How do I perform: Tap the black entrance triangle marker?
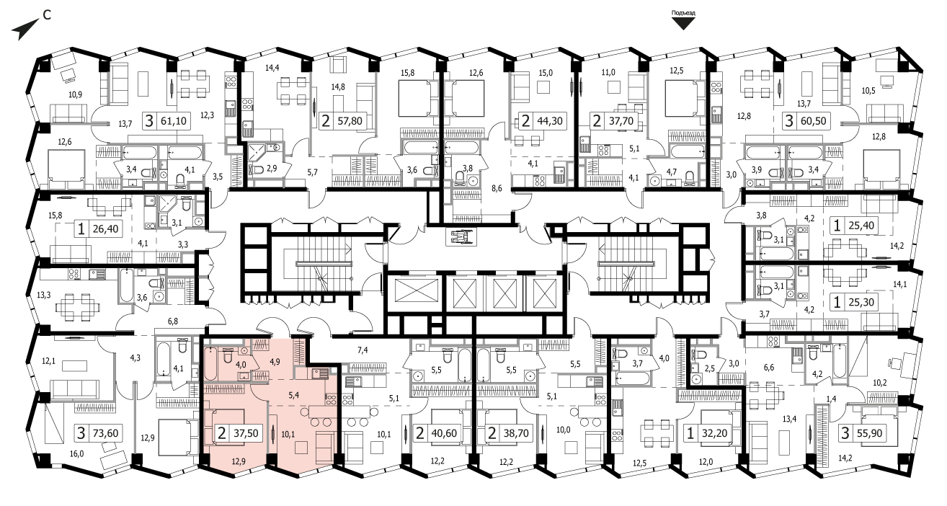(683, 24)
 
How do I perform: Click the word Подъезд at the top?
(683, 13)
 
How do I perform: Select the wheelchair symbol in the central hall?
(461, 236)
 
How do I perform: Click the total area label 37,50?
(246, 433)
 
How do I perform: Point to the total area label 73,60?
(106, 433)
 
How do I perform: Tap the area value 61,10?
(174, 121)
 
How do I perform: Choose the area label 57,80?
(350, 121)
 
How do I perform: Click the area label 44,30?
(550, 121)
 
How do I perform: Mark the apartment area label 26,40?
(106, 229)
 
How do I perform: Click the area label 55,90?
(870, 433)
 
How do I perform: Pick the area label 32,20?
(715, 433)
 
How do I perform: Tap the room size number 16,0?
(76, 454)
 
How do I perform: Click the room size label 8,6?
(497, 188)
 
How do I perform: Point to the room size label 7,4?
(363, 350)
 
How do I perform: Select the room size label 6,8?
(172, 321)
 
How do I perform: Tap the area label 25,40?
(861, 226)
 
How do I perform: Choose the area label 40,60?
(445, 433)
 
